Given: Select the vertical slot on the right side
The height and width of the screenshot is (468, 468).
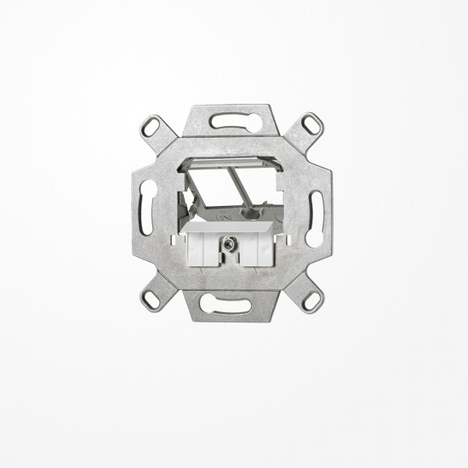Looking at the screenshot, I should [317, 210].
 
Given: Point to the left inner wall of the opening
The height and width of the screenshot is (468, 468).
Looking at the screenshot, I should [185, 200].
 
